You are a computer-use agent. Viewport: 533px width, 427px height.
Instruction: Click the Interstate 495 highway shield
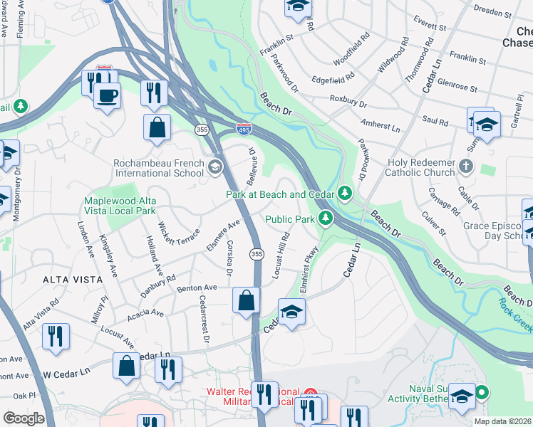click(x=243, y=128)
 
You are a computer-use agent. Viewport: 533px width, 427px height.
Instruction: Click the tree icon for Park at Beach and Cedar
click(x=345, y=193)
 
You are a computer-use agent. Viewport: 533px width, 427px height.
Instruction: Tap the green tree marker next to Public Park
click(x=326, y=218)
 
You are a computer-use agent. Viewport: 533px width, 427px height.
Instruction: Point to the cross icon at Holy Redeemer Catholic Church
click(x=466, y=167)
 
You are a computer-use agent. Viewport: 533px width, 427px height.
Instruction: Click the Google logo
click(x=24, y=418)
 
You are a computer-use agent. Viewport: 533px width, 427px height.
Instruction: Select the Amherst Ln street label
click(x=380, y=126)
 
